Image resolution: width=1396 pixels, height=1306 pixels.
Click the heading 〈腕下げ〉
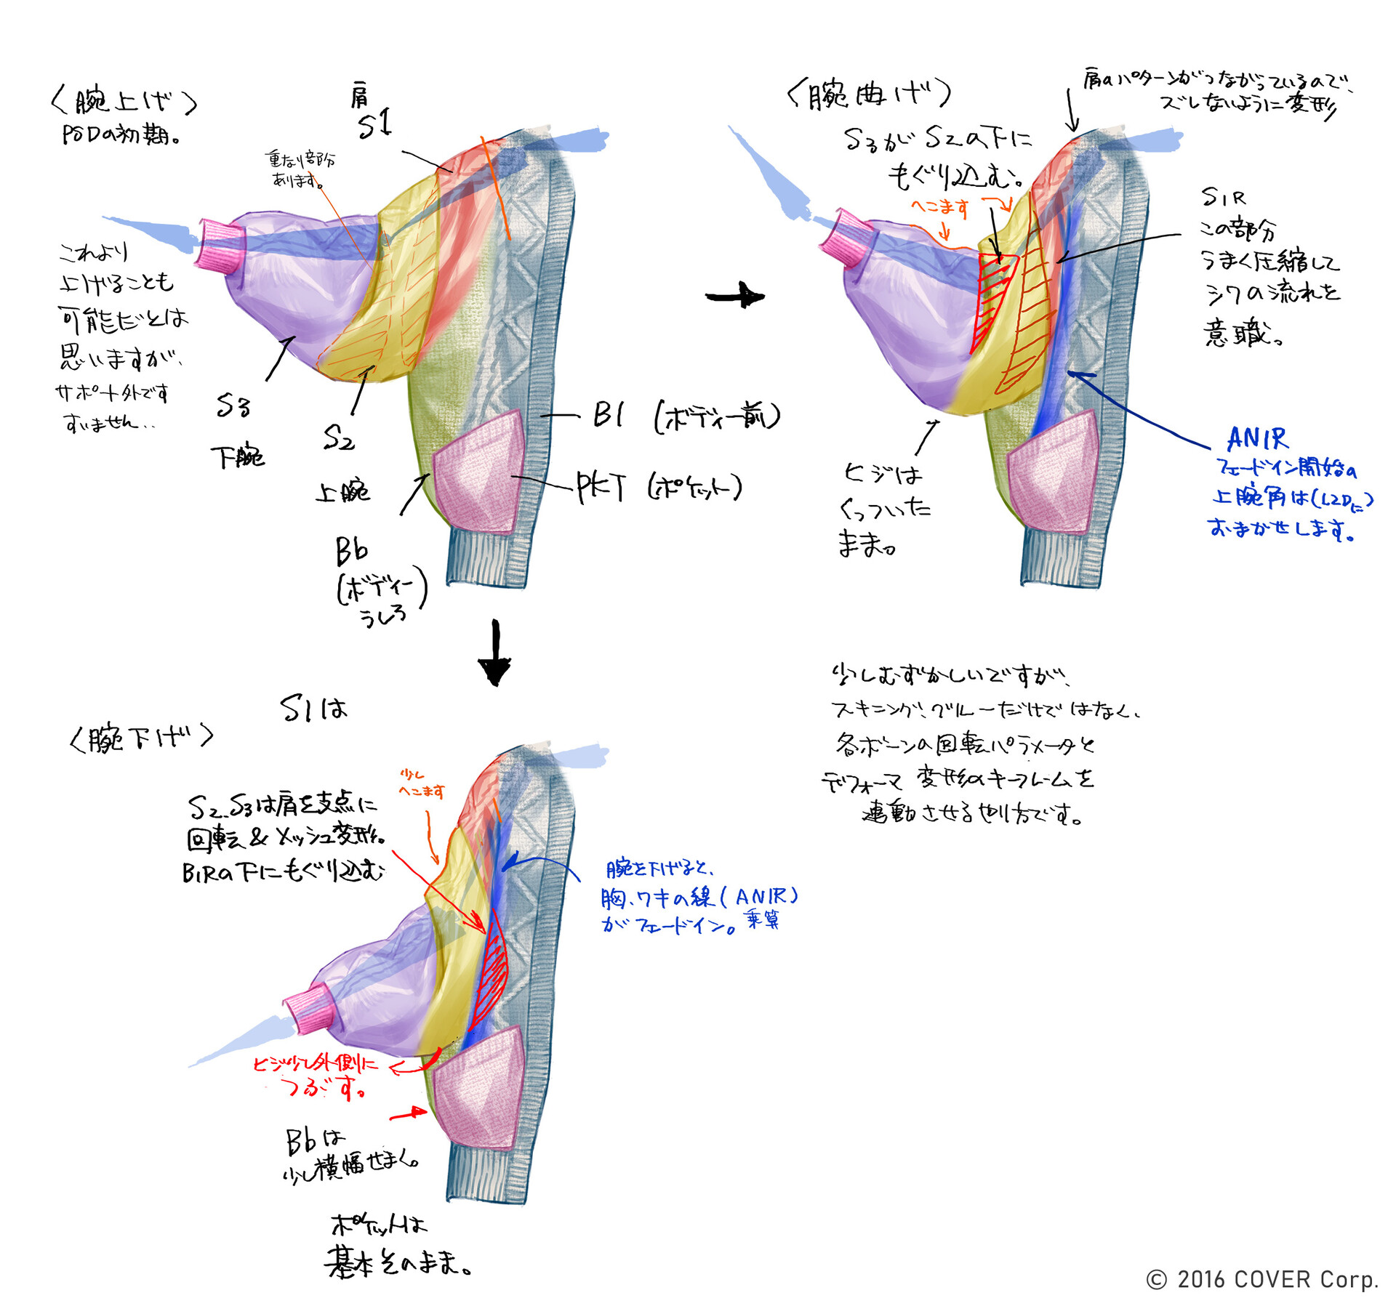coord(141,738)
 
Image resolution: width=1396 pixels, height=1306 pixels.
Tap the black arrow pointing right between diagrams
coord(734,296)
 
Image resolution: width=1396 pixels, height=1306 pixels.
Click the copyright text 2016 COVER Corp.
coord(1262,1279)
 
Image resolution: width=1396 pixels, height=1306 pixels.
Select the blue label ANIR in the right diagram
coord(1257,439)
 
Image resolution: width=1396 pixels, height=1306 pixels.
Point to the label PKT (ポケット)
coord(658,487)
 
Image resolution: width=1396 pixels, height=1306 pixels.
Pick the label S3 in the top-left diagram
coord(233,406)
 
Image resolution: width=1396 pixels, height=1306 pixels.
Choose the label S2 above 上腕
coord(338,438)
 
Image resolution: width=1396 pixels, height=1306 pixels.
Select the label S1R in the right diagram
coord(1223,196)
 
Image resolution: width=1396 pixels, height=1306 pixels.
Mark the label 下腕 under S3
coord(238,456)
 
